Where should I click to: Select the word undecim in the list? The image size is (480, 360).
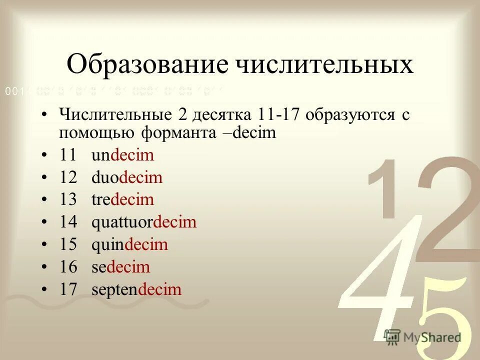point(122,155)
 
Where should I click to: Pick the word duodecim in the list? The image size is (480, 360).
point(127,177)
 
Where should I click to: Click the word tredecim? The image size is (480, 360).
point(122,200)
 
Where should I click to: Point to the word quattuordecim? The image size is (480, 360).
point(144,222)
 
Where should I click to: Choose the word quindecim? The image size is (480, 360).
point(129,245)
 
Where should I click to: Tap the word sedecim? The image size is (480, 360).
point(120,267)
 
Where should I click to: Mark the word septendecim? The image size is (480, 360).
point(136,289)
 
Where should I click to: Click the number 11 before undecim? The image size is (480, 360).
point(68,155)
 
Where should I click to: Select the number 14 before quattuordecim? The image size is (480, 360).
point(68,222)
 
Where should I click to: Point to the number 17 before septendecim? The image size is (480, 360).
point(68,289)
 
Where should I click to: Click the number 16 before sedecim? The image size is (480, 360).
point(68,267)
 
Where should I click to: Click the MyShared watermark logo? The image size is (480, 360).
point(422,336)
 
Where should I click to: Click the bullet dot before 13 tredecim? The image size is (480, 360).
point(45,200)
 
